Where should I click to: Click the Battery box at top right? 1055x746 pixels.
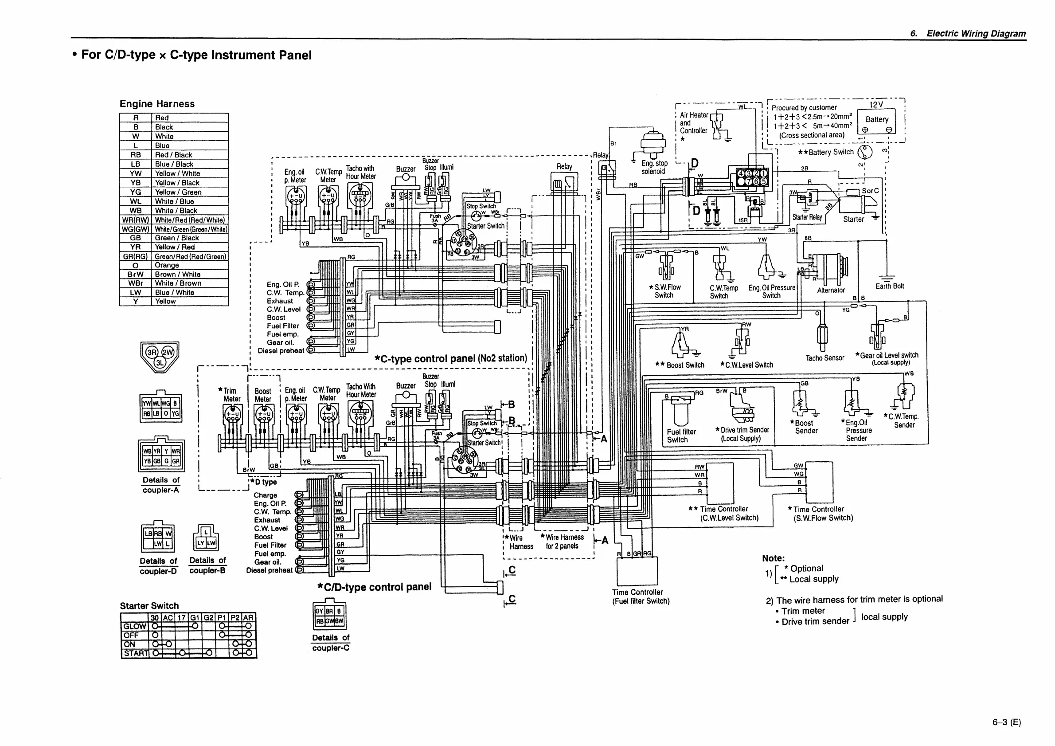point(876,121)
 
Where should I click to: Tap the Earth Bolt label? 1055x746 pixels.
point(889,287)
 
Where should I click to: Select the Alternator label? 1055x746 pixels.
point(831,291)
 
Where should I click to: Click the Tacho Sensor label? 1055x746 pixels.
point(825,358)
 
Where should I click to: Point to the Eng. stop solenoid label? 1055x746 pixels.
point(654,167)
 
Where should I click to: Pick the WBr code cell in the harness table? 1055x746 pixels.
point(136,283)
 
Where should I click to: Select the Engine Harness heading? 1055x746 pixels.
point(157,104)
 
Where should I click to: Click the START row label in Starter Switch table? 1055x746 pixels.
point(136,653)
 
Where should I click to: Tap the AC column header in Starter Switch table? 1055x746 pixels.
point(168,618)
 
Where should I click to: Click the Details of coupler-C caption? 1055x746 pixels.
point(330,643)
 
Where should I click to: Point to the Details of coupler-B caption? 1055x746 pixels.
point(207,565)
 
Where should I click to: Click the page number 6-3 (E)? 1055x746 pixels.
point(1006,722)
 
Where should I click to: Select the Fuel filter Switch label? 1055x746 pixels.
point(681,436)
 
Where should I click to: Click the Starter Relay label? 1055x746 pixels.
point(807,217)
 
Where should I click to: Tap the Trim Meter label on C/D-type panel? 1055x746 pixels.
point(231,395)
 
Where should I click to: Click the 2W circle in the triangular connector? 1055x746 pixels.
point(168,352)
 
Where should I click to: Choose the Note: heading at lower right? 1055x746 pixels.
point(774,558)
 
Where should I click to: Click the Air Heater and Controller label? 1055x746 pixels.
point(693,123)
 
